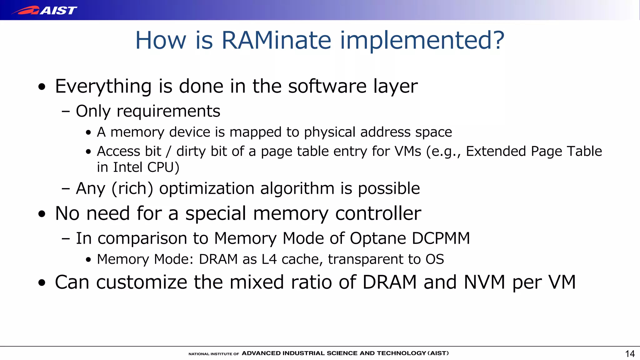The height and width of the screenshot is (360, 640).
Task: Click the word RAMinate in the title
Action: pos(276,40)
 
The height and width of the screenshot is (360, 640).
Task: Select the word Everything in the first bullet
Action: pos(103,87)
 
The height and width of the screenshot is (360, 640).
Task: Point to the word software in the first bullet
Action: pos(327,87)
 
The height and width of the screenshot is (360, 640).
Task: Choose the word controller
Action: pos(378,214)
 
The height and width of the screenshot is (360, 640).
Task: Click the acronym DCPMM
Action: pos(441,238)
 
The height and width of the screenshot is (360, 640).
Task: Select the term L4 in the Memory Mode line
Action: pos(269,259)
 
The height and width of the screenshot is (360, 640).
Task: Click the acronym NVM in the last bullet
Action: pos(484,282)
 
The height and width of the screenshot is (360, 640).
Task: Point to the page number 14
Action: pos(630,354)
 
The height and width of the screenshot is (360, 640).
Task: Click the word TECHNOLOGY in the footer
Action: pos(401,353)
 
